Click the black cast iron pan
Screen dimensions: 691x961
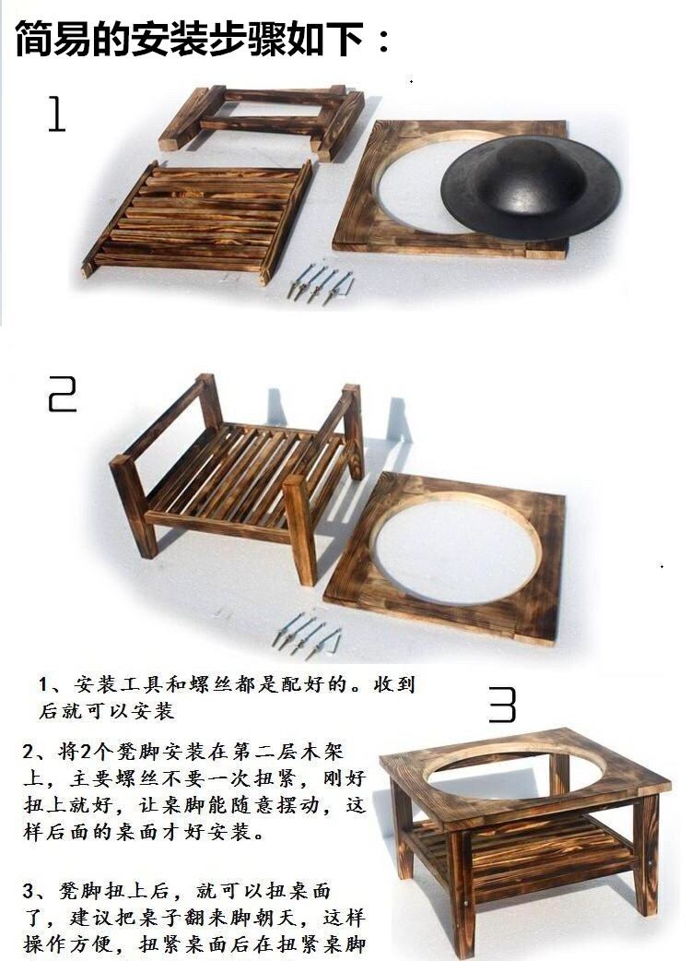(x=530, y=186)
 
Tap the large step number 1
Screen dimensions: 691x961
(x=56, y=114)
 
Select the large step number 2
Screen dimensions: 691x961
(x=63, y=394)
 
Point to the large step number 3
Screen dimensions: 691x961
(x=502, y=705)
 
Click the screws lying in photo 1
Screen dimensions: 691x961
(x=320, y=284)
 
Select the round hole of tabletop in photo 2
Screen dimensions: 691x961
(x=455, y=547)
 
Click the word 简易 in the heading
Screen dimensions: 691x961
(x=53, y=40)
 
